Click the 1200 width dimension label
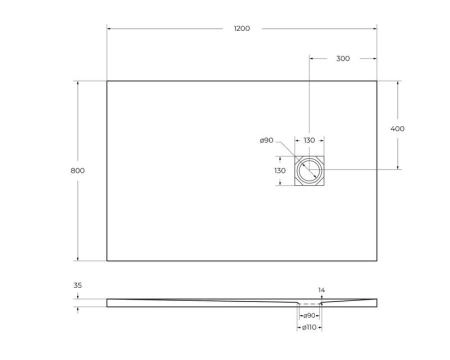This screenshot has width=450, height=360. click(243, 30)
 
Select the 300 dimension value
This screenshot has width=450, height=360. click(342, 59)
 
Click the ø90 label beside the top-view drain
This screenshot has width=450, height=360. click(266, 141)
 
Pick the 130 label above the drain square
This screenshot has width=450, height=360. click(309, 141)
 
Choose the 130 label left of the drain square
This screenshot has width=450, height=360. click(281, 171)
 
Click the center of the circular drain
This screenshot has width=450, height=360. click(310, 171)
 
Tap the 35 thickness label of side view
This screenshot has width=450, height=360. click(79, 286)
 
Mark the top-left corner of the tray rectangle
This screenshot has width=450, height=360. click(107, 81)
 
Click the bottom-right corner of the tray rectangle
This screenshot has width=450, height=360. click(378, 261)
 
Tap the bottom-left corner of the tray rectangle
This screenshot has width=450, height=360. click(107, 261)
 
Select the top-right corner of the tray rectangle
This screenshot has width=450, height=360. click(378, 81)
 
